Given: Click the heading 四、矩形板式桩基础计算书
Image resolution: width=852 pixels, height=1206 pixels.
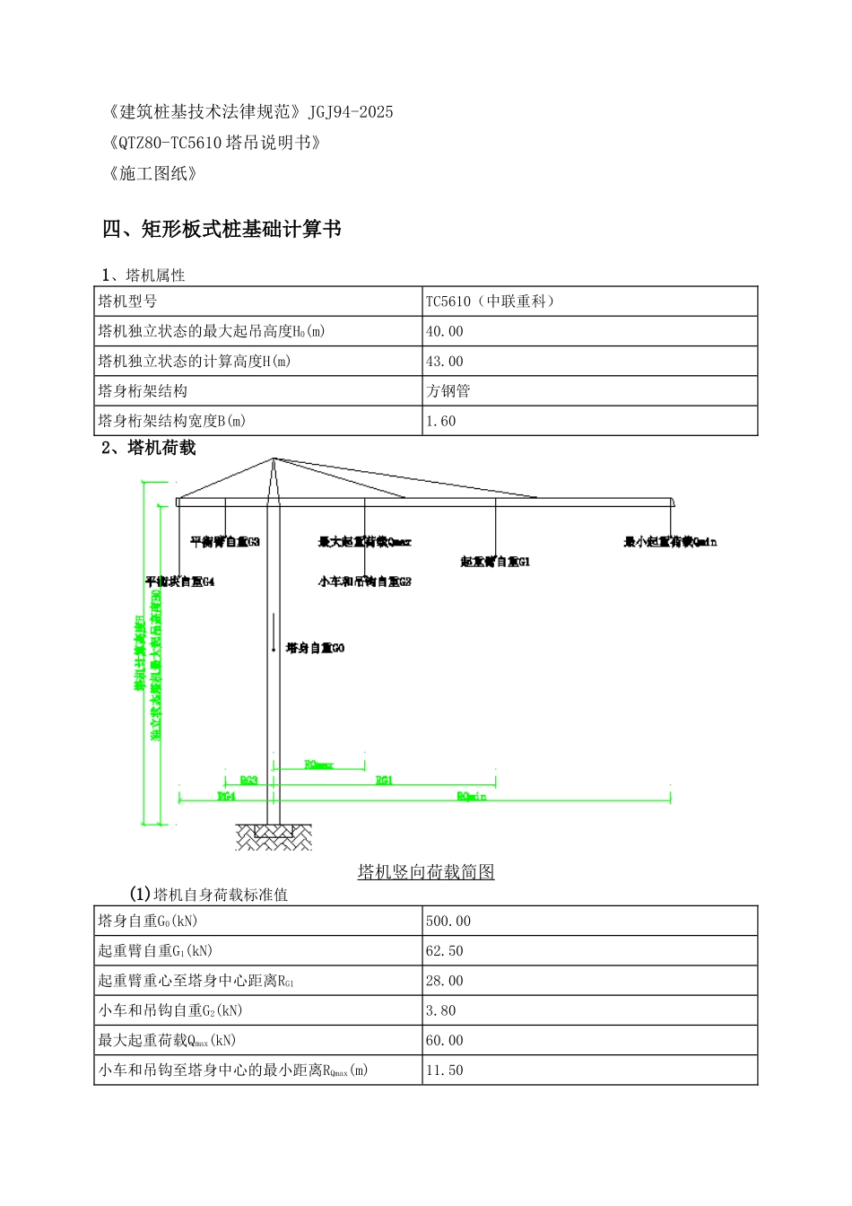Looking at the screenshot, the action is [222, 230].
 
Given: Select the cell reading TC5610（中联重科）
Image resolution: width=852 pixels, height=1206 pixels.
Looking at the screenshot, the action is [491, 301].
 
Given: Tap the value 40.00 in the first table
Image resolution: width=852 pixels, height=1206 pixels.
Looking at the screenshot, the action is [445, 331].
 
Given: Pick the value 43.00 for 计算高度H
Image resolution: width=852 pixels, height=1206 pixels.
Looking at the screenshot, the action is [445, 362].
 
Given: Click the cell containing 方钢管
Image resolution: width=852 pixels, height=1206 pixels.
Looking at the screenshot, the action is [448, 391].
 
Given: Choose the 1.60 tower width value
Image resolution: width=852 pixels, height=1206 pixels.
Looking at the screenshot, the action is [441, 421].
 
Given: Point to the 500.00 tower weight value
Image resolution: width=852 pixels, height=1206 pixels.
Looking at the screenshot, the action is [448, 922].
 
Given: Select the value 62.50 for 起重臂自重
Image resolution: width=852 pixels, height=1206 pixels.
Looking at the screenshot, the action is [445, 951].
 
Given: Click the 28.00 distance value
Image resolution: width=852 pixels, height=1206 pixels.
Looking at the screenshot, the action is [445, 981].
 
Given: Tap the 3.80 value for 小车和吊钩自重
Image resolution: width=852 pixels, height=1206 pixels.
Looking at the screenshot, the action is [441, 1010].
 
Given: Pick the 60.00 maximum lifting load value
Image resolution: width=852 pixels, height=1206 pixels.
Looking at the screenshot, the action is [445, 1041].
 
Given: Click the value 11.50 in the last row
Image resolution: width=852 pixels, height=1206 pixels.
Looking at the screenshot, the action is [445, 1071].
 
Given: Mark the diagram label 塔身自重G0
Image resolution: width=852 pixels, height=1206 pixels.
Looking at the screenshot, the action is [315, 648].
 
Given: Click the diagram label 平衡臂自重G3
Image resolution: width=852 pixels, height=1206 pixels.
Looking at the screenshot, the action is [225, 542].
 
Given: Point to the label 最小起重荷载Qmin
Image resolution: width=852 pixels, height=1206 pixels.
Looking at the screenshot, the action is [670, 542].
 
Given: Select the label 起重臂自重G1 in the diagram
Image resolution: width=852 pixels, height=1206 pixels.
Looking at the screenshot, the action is [495, 562].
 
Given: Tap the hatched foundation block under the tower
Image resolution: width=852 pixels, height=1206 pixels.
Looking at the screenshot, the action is [274, 837].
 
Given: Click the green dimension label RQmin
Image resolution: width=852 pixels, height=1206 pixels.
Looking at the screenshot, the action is [472, 797].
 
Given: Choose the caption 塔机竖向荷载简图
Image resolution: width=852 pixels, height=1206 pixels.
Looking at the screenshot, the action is [426, 872].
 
